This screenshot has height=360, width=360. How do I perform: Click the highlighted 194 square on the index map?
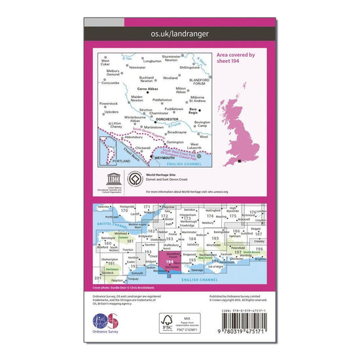170,262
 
